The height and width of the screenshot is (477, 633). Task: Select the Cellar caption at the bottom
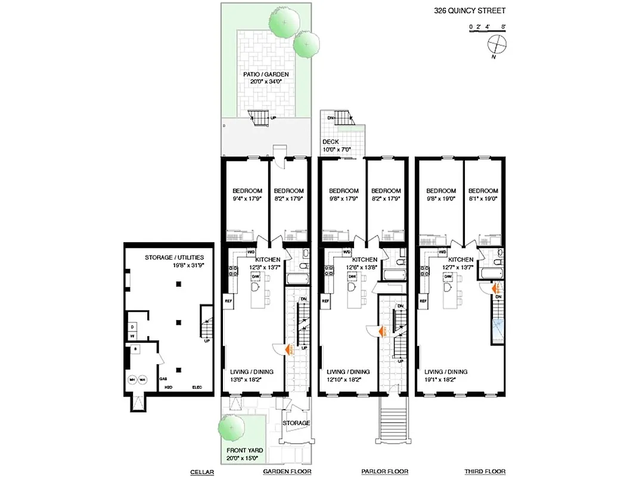[202, 472]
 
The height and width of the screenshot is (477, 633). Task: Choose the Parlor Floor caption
[384, 472]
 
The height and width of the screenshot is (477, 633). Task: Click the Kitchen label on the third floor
[460, 260]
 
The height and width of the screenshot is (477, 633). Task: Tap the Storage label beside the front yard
[296, 423]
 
